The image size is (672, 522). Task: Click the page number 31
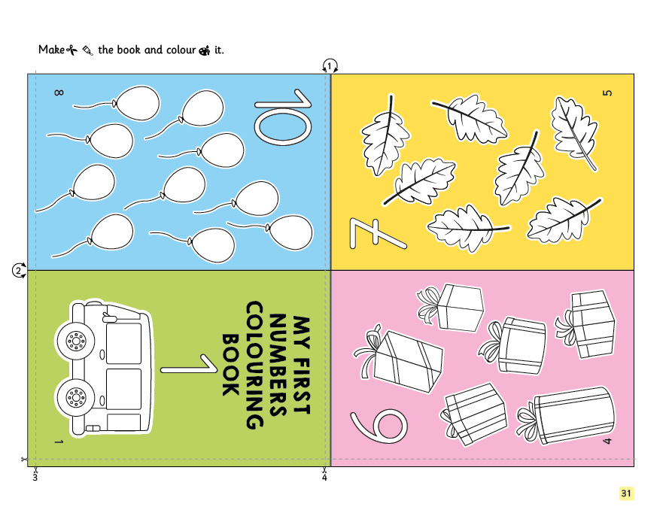tap(626, 493)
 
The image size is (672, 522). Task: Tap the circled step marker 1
tap(330, 66)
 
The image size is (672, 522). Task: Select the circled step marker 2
tap(18, 271)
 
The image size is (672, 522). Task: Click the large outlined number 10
tap(282, 116)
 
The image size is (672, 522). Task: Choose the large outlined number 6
tap(379, 426)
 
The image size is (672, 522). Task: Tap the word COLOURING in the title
tap(254, 365)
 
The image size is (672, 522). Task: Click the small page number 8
tap(59, 93)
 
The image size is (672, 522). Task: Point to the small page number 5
tap(607, 93)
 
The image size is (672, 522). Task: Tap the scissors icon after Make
tap(71, 50)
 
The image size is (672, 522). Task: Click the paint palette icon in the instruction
tap(205, 50)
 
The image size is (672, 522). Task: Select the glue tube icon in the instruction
tap(87, 50)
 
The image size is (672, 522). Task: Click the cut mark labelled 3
tap(35, 473)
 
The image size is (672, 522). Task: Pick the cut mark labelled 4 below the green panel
tap(324, 473)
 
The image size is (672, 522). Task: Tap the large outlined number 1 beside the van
tap(189, 364)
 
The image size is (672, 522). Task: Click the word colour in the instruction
tap(181, 50)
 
